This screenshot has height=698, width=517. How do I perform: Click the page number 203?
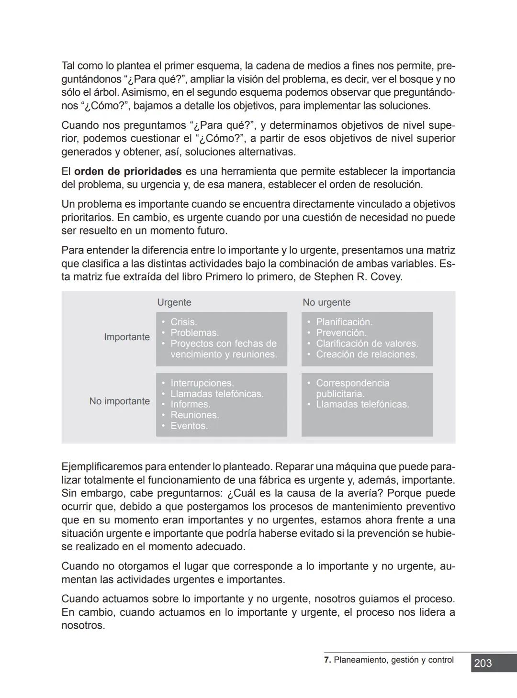[x=483, y=663]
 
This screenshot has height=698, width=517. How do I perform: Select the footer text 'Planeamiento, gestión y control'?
[x=393, y=660]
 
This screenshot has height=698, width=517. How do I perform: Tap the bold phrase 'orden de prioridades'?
[x=128, y=171]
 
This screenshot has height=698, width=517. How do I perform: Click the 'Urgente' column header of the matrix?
[x=174, y=302]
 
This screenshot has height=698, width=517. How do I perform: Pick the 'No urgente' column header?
[x=326, y=302]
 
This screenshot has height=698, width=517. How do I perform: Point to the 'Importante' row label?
[x=127, y=337]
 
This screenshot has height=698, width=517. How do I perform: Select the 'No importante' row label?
[x=119, y=401]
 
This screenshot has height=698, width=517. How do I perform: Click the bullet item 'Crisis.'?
[x=184, y=322]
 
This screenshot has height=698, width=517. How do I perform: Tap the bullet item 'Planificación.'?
[x=344, y=322]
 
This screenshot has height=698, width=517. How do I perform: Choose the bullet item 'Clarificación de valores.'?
[x=367, y=343]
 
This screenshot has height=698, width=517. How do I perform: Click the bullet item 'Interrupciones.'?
[x=202, y=383]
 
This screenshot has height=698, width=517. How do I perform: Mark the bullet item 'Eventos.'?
[x=189, y=426]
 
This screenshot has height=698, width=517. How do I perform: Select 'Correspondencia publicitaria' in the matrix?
[x=352, y=388]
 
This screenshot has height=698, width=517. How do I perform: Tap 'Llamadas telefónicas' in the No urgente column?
[x=362, y=404]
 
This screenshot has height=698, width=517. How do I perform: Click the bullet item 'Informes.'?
[x=191, y=404]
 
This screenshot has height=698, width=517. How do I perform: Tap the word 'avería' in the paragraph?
[x=367, y=493]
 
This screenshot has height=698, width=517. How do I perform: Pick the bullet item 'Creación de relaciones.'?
[x=366, y=354]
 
